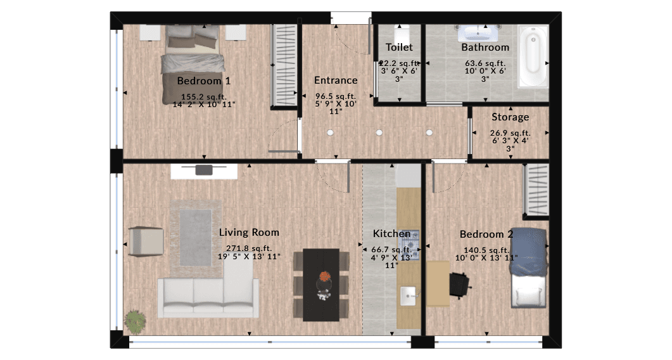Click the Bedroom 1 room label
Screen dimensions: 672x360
point(203,80)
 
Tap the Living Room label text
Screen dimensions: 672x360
point(249,233)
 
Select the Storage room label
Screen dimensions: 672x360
point(510,117)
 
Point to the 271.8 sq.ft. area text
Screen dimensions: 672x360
point(249,248)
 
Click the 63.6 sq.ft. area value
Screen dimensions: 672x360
point(485,63)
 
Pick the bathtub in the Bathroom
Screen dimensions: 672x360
point(533,56)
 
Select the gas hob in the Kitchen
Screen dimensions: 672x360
point(409,245)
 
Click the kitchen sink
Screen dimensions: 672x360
point(409,296)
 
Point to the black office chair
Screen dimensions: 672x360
point(459,285)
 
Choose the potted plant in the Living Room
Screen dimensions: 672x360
point(136,321)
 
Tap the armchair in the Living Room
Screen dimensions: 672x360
point(146,242)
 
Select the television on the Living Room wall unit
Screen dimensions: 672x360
point(204,169)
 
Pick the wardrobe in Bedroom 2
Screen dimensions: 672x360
point(536,190)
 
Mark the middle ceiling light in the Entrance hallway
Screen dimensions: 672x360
point(379,132)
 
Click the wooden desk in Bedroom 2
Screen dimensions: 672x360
point(438,283)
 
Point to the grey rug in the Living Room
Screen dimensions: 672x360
point(196,238)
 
